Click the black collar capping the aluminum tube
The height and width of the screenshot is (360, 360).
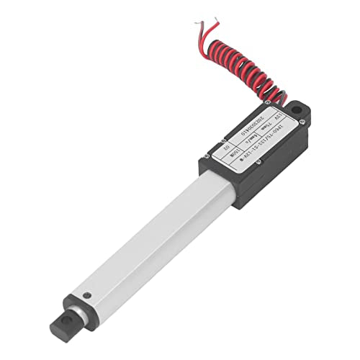click(x=80, y=288)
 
